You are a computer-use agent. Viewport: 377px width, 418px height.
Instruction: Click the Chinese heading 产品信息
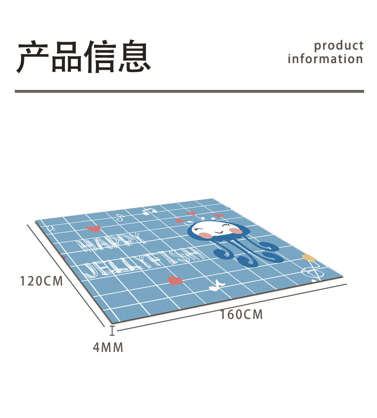(84, 57)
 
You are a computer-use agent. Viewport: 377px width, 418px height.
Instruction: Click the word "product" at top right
(338, 45)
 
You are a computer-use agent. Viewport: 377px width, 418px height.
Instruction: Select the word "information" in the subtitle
(325, 59)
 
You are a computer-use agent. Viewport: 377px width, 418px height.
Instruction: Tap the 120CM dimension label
(42, 281)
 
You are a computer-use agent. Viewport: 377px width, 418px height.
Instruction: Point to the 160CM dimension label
(241, 315)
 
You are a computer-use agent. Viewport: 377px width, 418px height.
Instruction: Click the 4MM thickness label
(108, 348)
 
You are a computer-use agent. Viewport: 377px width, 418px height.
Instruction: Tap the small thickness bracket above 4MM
(112, 330)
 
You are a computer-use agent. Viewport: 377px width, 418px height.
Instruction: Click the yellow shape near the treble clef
(309, 258)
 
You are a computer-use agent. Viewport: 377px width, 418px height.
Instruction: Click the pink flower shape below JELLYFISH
(175, 279)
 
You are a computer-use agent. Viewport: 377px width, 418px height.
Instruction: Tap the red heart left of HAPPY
(93, 229)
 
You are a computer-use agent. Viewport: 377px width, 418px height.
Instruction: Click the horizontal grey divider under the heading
(189, 91)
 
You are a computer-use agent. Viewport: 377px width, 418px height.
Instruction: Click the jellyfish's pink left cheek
(205, 235)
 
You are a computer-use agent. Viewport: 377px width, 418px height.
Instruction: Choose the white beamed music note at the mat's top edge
(149, 210)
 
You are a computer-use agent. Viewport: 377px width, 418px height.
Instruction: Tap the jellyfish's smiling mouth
(220, 233)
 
